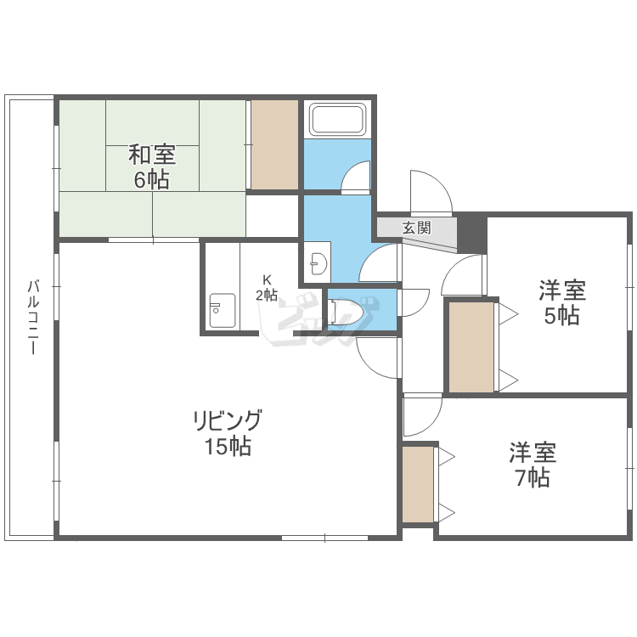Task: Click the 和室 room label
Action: pos(152,155)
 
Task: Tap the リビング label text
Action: pos(228,420)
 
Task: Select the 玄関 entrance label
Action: pos(416,228)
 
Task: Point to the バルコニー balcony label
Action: pos(34,317)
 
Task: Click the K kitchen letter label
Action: pos(267,279)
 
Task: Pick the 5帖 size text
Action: pos(562,315)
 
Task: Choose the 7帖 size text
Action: pos(533,477)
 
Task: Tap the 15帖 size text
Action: pos(228,446)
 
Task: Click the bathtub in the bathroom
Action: pos(337,119)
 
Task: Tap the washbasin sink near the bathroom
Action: pos(318,262)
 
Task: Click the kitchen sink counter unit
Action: pos(223,311)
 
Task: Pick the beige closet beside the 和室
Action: pos(274,144)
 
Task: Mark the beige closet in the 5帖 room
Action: pos(471,347)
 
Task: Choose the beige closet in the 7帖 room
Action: pos(418,484)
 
